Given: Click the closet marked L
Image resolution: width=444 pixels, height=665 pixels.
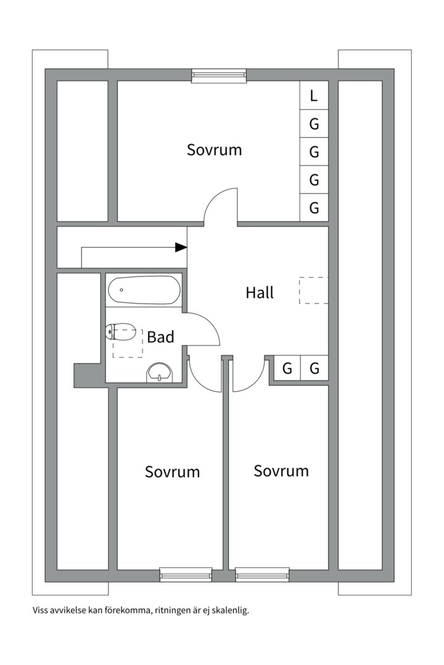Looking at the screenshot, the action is (x=314, y=95).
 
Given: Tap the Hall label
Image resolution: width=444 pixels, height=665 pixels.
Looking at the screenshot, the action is (x=259, y=292).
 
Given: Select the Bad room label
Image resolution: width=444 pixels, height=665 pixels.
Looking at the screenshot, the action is (x=160, y=337).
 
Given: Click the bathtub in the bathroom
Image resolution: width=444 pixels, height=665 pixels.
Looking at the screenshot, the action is (x=144, y=290).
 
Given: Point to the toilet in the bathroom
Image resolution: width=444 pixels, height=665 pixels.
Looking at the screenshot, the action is (x=121, y=332).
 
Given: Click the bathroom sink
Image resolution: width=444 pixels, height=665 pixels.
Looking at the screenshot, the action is (x=160, y=373).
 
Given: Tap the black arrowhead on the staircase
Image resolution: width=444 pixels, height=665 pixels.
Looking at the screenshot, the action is (x=181, y=248).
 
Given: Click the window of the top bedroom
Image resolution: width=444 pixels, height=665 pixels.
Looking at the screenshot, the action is (x=219, y=76).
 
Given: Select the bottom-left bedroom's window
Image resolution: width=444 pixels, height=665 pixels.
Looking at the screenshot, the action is (x=186, y=574).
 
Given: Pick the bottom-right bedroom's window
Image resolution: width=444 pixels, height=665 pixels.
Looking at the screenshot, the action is (x=263, y=574).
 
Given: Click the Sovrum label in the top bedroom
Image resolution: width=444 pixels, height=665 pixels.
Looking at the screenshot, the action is (x=214, y=150).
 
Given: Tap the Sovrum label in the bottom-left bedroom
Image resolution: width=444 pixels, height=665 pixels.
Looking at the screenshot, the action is (x=172, y=472).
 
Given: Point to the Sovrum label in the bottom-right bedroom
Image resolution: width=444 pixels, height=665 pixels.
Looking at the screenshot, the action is (x=281, y=471).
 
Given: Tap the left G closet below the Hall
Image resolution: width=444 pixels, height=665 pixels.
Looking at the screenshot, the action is (x=287, y=368).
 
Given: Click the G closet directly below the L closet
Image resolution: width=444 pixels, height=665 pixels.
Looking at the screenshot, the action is (x=314, y=124).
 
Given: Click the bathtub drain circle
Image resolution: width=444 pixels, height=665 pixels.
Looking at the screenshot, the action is (x=121, y=290).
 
